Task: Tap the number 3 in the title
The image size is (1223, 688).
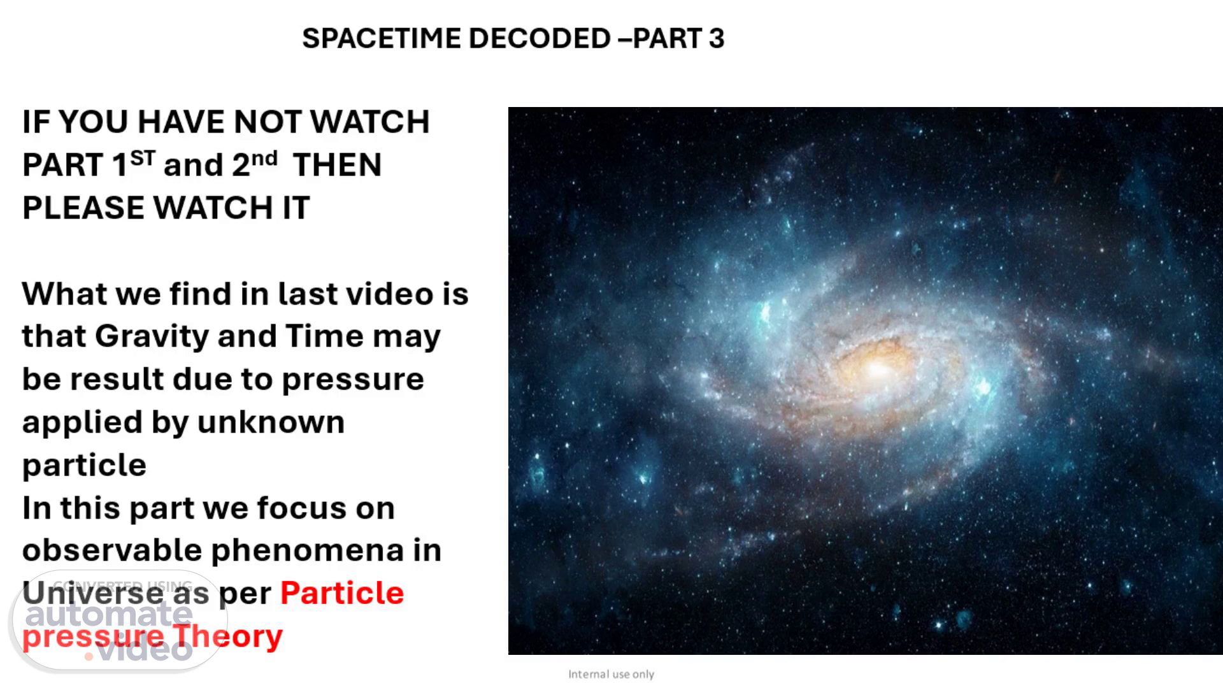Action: pyautogui.click(x=717, y=38)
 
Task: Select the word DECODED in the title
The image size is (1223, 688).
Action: pyautogui.click(x=540, y=38)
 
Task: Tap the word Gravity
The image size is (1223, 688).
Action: pyautogui.click(x=152, y=336)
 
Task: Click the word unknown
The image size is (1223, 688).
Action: pyautogui.click(x=271, y=422)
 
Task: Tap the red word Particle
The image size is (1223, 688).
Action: pyautogui.click(x=342, y=593)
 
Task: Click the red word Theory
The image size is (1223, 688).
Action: pyautogui.click(x=227, y=636)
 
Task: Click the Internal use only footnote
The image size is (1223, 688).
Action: pyautogui.click(x=611, y=674)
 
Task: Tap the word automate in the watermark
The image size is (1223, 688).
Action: pyautogui.click(x=109, y=613)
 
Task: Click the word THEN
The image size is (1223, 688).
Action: pyautogui.click(x=337, y=165)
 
